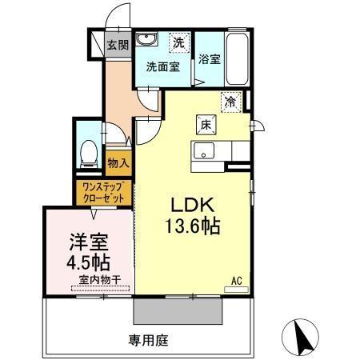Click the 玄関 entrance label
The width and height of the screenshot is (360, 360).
pos(118,45)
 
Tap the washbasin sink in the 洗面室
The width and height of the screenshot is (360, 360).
pos(146,41)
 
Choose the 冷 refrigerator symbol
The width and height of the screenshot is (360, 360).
pos(230,102)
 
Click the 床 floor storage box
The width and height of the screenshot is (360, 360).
pos(205,125)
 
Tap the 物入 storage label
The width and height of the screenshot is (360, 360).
pos(118,162)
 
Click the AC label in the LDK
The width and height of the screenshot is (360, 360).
pos(237,280)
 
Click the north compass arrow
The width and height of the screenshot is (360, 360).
pos(303,338)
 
